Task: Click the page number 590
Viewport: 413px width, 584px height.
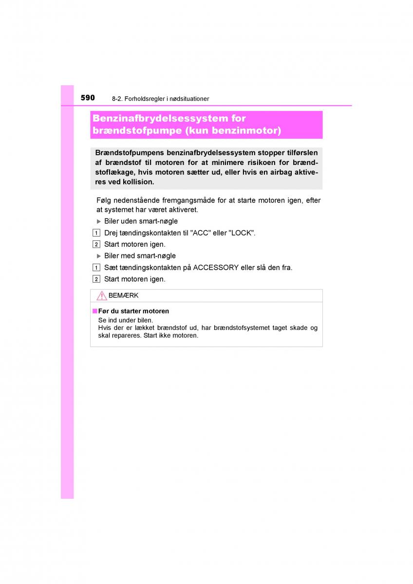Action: (x=88, y=98)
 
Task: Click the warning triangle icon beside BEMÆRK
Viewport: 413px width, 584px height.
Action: (x=101, y=295)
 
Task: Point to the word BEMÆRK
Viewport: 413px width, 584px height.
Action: (x=123, y=295)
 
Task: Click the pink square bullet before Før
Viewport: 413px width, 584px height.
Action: (x=95, y=311)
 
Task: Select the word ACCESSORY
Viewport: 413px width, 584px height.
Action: (x=216, y=268)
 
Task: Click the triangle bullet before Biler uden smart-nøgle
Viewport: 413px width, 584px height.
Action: (x=99, y=221)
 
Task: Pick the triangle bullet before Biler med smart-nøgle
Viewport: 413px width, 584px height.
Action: (x=99, y=256)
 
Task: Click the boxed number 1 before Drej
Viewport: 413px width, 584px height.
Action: (x=96, y=233)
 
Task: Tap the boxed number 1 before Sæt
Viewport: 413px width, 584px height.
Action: (x=96, y=268)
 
